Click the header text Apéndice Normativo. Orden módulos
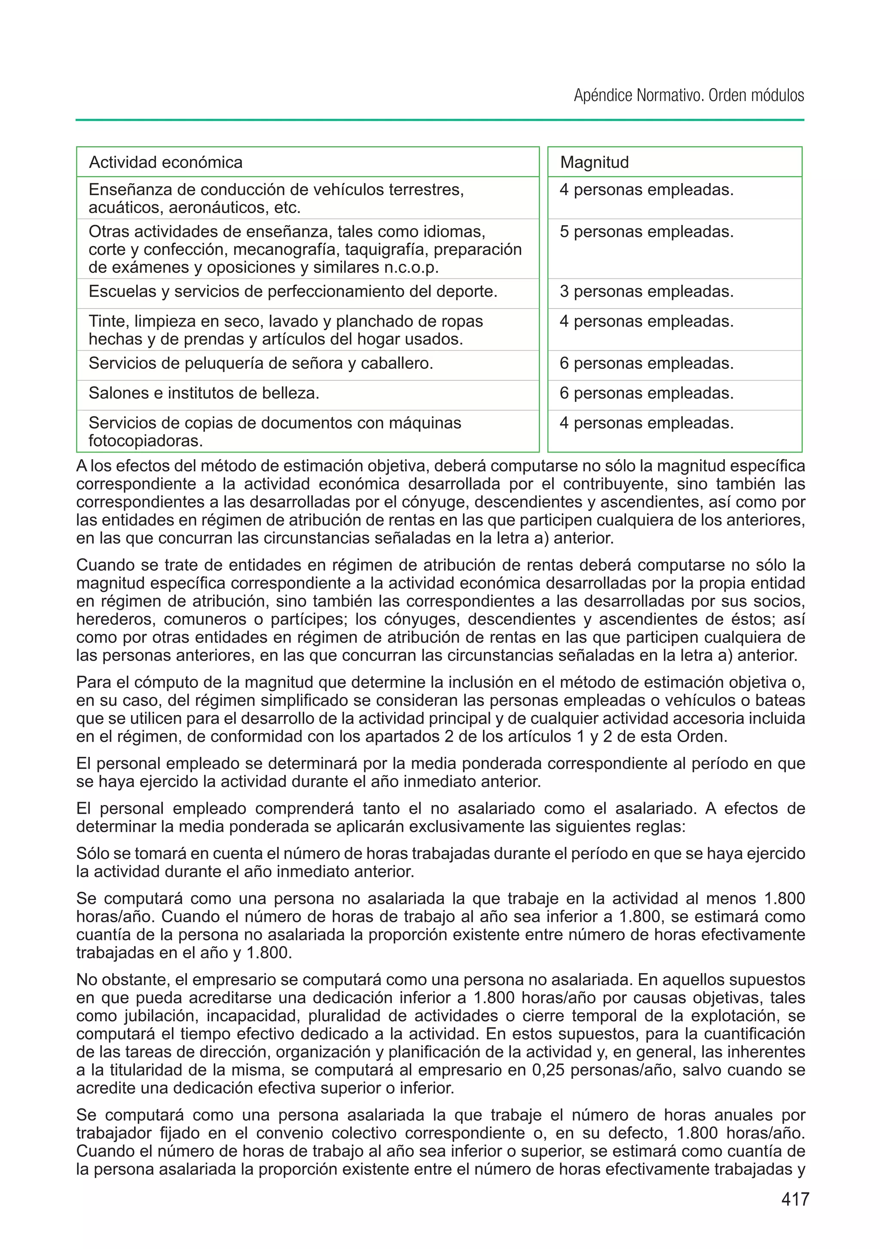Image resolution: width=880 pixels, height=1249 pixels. point(688,96)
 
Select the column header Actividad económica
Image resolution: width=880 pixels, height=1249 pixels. point(165,162)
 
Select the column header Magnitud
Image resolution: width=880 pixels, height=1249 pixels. point(594,162)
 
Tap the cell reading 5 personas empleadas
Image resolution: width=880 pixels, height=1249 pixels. point(646,232)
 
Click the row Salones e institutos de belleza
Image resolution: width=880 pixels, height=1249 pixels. point(204,393)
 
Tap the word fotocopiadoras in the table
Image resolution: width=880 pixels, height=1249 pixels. point(145,441)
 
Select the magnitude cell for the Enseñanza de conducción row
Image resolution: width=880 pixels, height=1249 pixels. point(646,190)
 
